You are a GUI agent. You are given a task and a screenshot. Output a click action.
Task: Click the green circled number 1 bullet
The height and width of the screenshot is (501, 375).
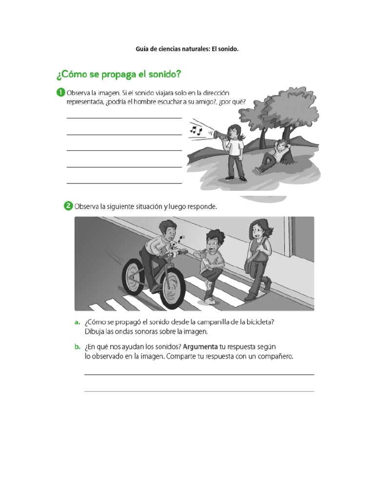tap(61, 92)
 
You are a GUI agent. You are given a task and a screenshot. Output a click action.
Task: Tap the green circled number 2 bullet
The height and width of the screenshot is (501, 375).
tap(68, 206)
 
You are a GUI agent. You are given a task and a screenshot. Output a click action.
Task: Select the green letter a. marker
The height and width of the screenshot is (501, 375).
tap(77, 322)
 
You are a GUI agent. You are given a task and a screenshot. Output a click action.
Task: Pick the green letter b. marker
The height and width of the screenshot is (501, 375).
tap(77, 347)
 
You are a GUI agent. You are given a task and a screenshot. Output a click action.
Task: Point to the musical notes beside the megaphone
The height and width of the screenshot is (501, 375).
tap(195, 130)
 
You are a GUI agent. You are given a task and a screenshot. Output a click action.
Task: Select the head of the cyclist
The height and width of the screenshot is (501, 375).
tap(167, 230)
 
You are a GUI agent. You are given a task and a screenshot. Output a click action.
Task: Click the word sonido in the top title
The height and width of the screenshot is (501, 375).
tap(229, 49)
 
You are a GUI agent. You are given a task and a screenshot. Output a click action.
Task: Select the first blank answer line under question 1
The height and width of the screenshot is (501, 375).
tap(124, 118)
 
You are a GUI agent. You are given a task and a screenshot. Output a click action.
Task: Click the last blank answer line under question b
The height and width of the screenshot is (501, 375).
tap(199, 391)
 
